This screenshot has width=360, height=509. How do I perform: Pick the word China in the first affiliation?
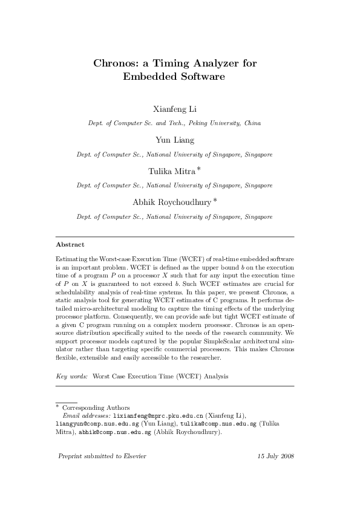point(252,123)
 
